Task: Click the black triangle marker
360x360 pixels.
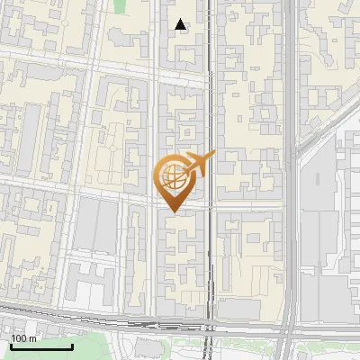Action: [x=181, y=25]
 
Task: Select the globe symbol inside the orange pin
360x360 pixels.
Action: [x=174, y=177]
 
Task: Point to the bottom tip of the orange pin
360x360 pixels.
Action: [x=173, y=212]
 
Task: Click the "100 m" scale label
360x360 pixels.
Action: [x=23, y=338]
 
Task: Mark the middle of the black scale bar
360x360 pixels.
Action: [x=41, y=346]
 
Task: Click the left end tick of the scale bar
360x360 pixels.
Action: [x=11, y=346]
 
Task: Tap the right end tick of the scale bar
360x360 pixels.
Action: [x=72, y=346]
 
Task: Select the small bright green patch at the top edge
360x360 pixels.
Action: [x=121, y=6]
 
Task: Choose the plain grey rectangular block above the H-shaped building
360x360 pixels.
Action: [x=95, y=225]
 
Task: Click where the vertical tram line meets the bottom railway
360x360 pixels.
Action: [x=210, y=324]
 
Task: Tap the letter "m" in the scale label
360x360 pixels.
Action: [x=32, y=338]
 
